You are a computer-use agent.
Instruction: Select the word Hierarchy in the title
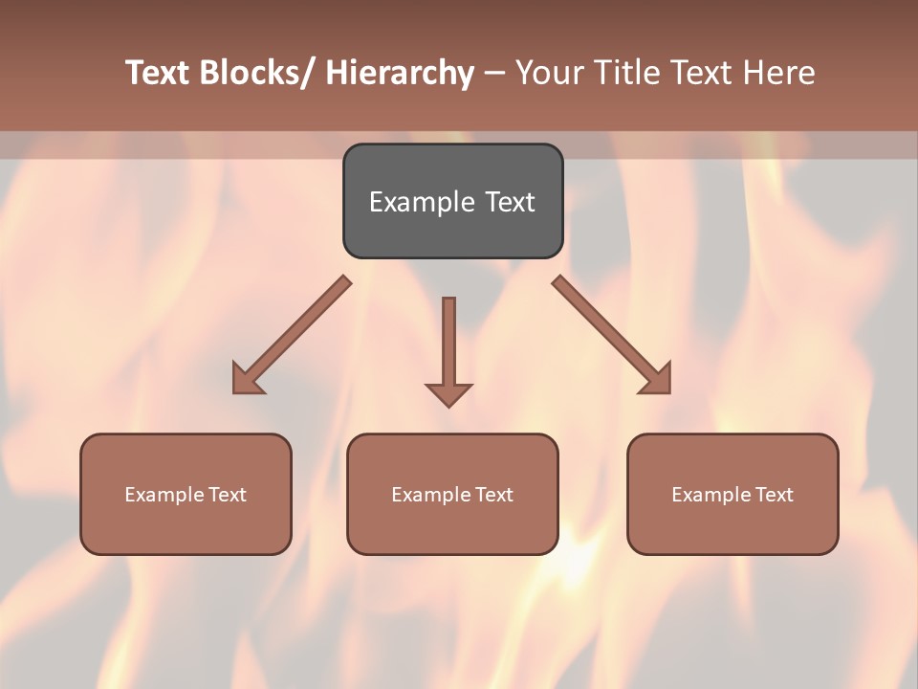(400, 74)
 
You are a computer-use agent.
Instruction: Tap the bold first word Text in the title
(159, 74)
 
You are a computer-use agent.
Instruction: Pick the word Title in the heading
(625, 74)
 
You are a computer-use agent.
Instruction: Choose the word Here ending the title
(777, 74)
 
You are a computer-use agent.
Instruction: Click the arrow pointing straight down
(448, 344)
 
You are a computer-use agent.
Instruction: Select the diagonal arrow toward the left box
(293, 335)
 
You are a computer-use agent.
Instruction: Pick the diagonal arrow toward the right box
(610, 334)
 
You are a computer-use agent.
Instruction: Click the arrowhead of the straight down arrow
(448, 394)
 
